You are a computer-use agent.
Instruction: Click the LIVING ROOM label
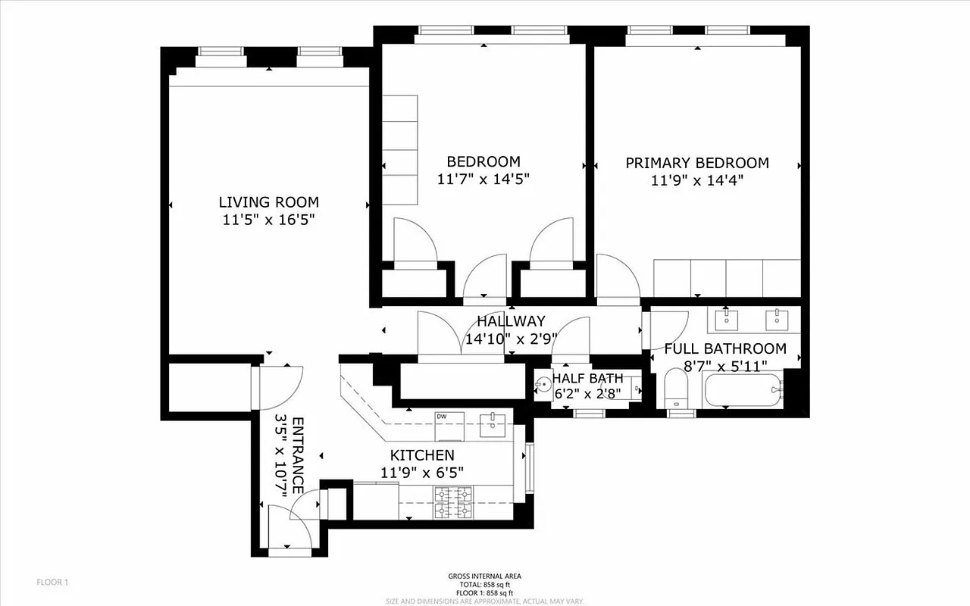click(x=268, y=202)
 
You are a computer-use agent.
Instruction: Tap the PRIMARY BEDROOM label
click(x=696, y=163)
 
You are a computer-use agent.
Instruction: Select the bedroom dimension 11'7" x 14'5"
click(x=483, y=180)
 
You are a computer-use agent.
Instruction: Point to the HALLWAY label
click(x=510, y=321)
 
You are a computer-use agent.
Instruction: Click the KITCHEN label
click(x=422, y=455)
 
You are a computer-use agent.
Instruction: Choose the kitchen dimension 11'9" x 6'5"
click(x=422, y=473)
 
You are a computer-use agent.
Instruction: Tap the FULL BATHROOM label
click(x=725, y=349)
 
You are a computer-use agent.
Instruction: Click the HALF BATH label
click(x=587, y=378)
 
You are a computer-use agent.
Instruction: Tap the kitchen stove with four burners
click(x=452, y=503)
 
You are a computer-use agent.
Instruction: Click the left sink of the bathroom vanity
click(x=727, y=319)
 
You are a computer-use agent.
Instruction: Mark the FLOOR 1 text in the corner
click(x=52, y=583)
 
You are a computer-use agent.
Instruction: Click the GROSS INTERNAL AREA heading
click(x=484, y=576)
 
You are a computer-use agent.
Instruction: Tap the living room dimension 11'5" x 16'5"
click(x=268, y=220)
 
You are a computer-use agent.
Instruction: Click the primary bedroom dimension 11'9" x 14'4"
click(x=696, y=180)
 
